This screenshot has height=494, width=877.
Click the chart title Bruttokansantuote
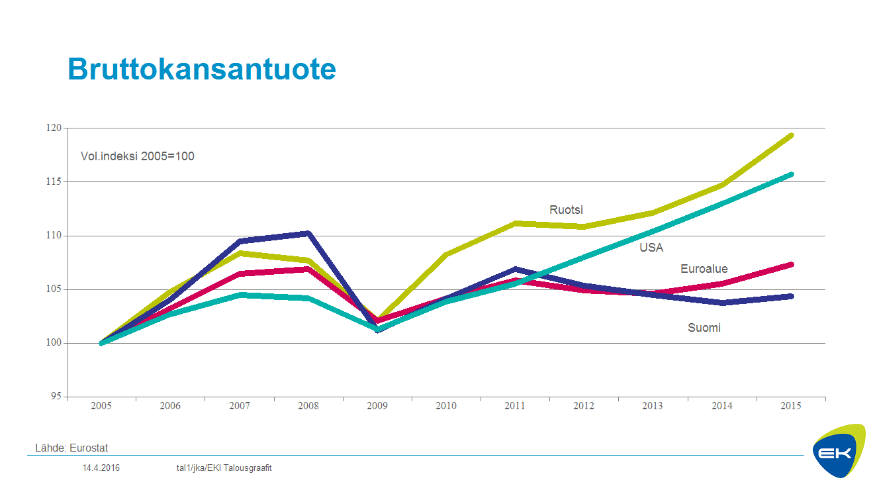[202, 69]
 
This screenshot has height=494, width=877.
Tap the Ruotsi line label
[566, 210]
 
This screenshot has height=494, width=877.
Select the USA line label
[651, 248]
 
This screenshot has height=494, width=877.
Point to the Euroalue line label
[704, 269]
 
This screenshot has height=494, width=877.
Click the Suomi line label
[704, 328]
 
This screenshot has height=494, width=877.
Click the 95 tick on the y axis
[56, 397]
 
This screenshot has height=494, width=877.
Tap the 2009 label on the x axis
[377, 406]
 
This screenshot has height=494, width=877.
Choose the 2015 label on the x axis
[790, 406]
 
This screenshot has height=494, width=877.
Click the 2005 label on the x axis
[101, 406]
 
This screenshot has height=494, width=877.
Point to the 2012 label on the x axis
[584, 406]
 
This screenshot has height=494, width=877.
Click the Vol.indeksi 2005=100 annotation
[137, 157]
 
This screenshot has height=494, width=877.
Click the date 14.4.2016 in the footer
[101, 468]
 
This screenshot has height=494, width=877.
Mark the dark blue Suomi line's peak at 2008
[308, 233]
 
